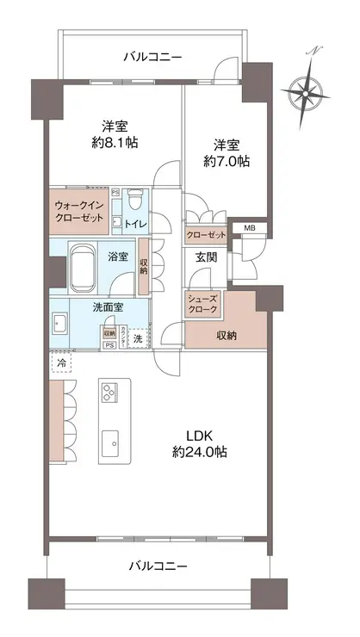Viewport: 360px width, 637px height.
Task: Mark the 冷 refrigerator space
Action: coord(61,364)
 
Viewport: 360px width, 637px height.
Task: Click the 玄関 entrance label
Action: coord(205,257)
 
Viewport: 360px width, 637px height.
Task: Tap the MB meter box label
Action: coord(249,228)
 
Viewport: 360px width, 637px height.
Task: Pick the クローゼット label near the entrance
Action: coord(206,234)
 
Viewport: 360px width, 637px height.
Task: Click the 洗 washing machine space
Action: coord(139,337)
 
